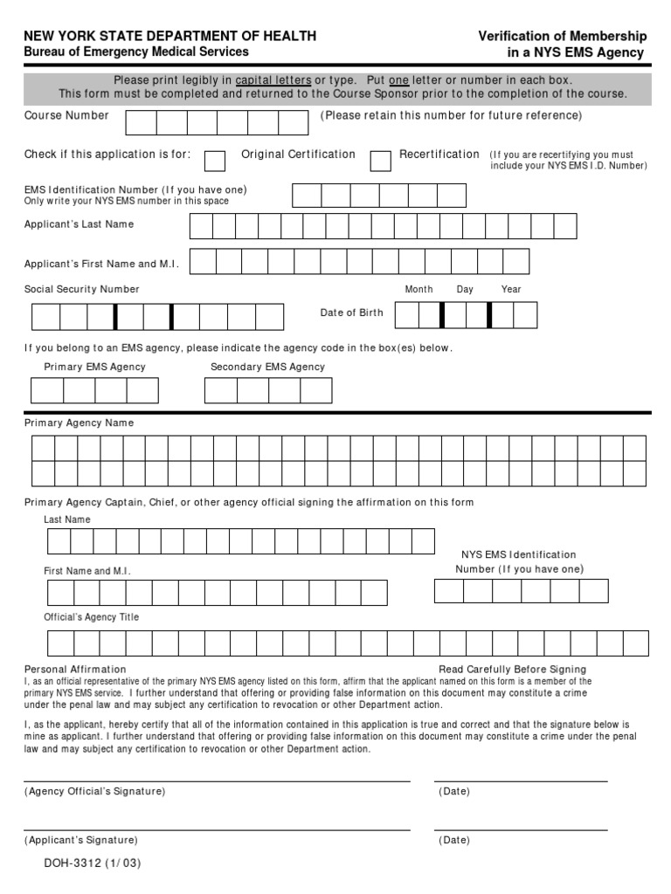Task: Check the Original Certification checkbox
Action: point(214,161)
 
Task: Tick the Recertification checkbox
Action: point(380,161)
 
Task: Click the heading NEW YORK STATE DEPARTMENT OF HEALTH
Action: point(169,36)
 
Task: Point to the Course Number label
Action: point(66,115)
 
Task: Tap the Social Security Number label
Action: point(81,289)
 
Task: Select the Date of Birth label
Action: point(351,313)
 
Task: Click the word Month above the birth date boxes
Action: point(419,289)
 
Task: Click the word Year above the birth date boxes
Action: point(511,289)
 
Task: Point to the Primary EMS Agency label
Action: point(94,367)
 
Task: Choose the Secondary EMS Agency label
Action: point(267,367)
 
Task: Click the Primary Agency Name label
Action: point(79,423)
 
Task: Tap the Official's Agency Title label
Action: point(91,617)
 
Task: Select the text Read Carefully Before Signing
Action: point(513,670)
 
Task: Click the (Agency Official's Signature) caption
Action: point(94,791)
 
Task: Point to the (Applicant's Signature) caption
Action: point(80,840)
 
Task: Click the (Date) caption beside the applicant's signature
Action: point(454,840)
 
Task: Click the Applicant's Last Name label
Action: point(79,224)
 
